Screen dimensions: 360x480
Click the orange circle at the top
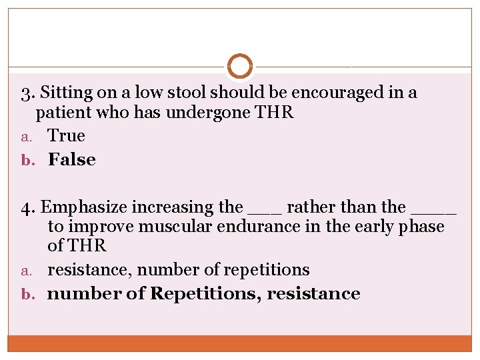tap(240, 67)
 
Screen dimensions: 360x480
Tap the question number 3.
tap(26, 93)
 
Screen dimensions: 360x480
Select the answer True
tap(67, 136)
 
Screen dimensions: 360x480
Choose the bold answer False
tap(72, 160)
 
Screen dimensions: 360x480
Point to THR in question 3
tap(274, 112)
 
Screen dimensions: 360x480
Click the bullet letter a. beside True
tap(27, 137)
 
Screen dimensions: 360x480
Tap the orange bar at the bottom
tap(240, 343)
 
